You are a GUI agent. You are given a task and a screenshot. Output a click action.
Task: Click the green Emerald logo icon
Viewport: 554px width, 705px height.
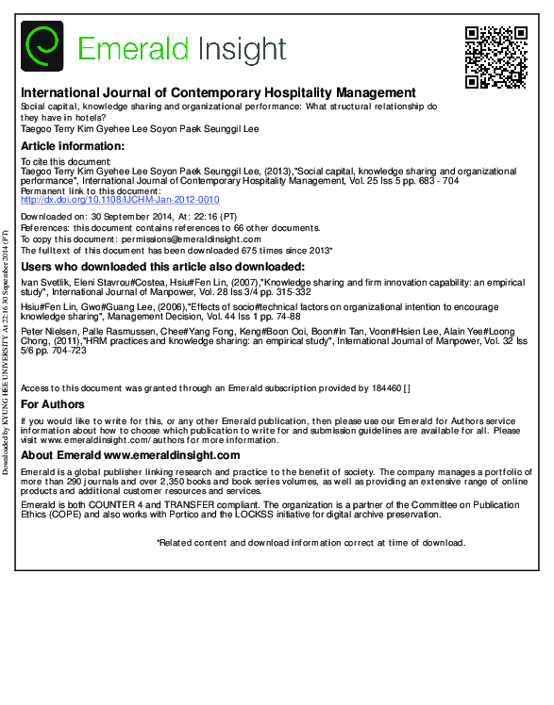(42, 47)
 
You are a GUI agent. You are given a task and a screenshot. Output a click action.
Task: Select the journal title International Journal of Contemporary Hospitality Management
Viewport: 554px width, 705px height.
(218, 93)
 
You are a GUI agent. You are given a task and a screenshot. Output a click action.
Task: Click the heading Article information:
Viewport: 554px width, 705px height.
(72, 146)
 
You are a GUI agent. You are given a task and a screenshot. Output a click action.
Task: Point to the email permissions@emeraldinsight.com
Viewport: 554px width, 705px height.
(201, 240)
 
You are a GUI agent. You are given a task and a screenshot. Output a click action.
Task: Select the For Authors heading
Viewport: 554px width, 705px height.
(53, 404)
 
